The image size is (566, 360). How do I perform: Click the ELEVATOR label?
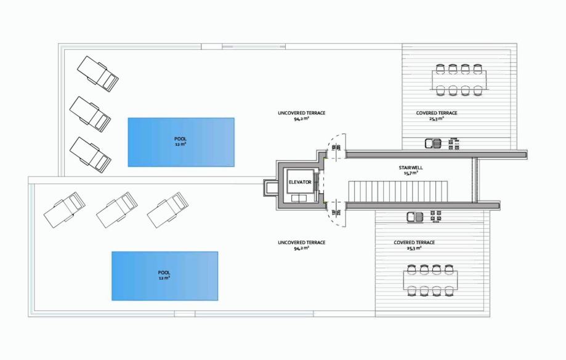pyautogui.click(x=300, y=182)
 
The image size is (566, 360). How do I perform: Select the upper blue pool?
pyautogui.click(x=181, y=142)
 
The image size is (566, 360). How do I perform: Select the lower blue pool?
pyautogui.click(x=164, y=276)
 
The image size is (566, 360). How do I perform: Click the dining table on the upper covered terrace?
pyautogui.click(x=459, y=81)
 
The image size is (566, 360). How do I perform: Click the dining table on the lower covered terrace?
pyautogui.click(x=431, y=280)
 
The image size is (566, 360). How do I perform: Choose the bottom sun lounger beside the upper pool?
pyautogui.click(x=91, y=154)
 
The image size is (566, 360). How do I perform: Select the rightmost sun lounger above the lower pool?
pyautogui.click(x=167, y=209)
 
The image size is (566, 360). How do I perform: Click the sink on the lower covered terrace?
pyautogui.click(x=414, y=217)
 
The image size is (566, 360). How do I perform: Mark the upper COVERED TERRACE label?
pyautogui.click(x=437, y=113)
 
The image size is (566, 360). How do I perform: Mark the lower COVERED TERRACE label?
pyautogui.click(x=414, y=242)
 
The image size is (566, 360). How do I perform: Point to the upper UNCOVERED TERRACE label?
pyautogui.click(x=301, y=113)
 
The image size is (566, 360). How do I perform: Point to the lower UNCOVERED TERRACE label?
pyautogui.click(x=301, y=242)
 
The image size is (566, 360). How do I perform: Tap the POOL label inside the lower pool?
pyautogui.click(x=164, y=272)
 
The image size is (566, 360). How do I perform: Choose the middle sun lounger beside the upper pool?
pyautogui.click(x=91, y=113)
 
